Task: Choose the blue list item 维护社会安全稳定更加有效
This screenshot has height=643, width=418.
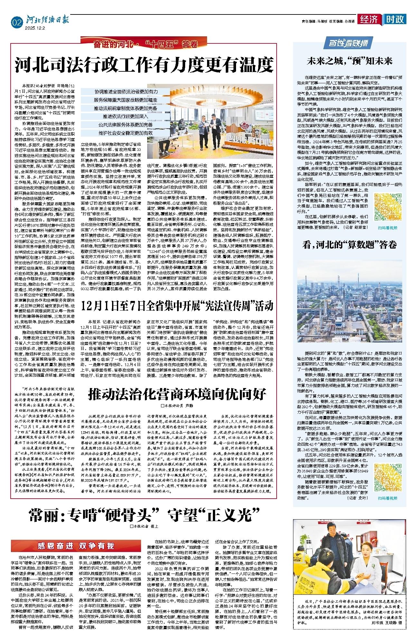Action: tap(126, 133)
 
